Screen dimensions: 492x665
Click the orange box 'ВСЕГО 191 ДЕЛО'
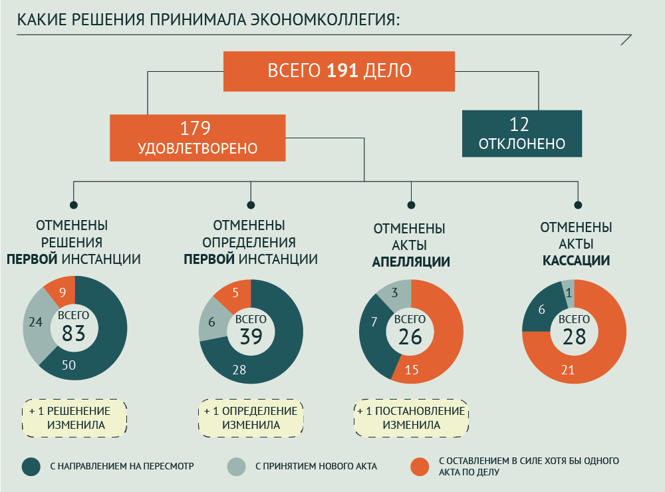point(339,70)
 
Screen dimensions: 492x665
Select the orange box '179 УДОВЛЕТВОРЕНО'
point(198,138)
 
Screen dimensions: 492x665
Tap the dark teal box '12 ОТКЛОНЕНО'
point(522,134)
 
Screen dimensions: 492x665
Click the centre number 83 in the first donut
point(74,333)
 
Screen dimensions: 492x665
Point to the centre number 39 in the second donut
point(251,336)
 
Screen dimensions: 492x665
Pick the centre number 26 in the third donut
point(410,336)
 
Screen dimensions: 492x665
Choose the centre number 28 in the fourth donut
point(574,336)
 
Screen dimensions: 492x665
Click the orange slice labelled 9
point(62,291)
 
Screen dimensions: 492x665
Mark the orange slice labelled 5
point(235,293)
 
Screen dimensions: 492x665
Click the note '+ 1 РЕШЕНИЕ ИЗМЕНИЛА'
point(75,418)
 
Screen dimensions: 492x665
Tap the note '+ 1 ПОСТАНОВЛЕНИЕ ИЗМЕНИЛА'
point(411,418)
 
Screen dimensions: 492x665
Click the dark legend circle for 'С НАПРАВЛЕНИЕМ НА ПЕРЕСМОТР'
point(31,467)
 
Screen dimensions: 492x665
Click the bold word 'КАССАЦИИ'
point(576,261)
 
